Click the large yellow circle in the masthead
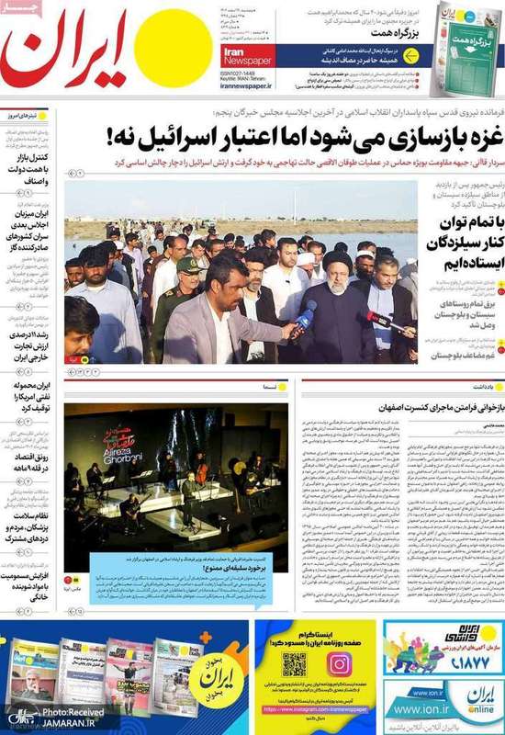(167, 48)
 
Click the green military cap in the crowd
(187, 265)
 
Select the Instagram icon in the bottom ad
(339, 663)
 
